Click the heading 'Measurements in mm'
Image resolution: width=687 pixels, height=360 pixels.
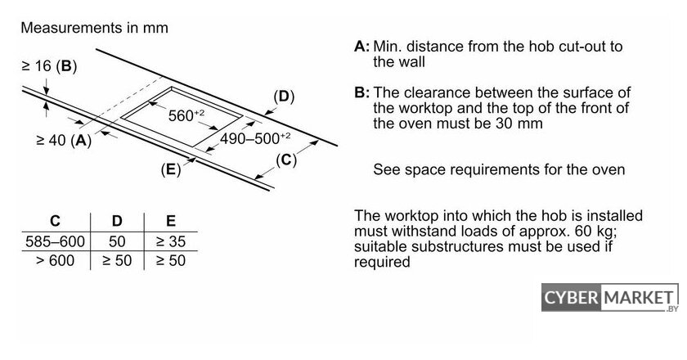point(94,28)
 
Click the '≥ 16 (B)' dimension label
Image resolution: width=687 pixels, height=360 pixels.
point(49,66)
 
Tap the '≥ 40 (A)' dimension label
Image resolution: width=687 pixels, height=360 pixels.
point(64,140)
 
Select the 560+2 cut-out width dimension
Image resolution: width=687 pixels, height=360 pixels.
point(186,115)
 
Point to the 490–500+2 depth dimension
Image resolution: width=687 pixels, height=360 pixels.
point(255,138)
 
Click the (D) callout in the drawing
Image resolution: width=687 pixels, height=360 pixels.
point(284,97)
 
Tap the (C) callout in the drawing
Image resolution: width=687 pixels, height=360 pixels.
point(286,160)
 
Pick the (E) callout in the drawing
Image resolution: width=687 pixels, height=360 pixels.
point(171,169)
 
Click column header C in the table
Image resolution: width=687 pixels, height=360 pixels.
point(56,221)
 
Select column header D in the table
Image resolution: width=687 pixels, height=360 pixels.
point(117,221)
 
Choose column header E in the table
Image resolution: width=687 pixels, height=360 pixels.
point(171,221)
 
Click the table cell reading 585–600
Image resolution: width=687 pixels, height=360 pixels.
point(56,241)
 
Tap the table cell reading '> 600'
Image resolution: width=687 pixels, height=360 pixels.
point(56,260)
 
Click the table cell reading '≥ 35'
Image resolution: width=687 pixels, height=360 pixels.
point(171,241)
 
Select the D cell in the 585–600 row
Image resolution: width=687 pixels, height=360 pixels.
point(117,241)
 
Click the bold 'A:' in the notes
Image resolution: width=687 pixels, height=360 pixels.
point(361,46)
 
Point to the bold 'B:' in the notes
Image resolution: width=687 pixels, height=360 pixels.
point(361,92)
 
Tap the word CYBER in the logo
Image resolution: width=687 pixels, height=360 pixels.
point(571,298)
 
